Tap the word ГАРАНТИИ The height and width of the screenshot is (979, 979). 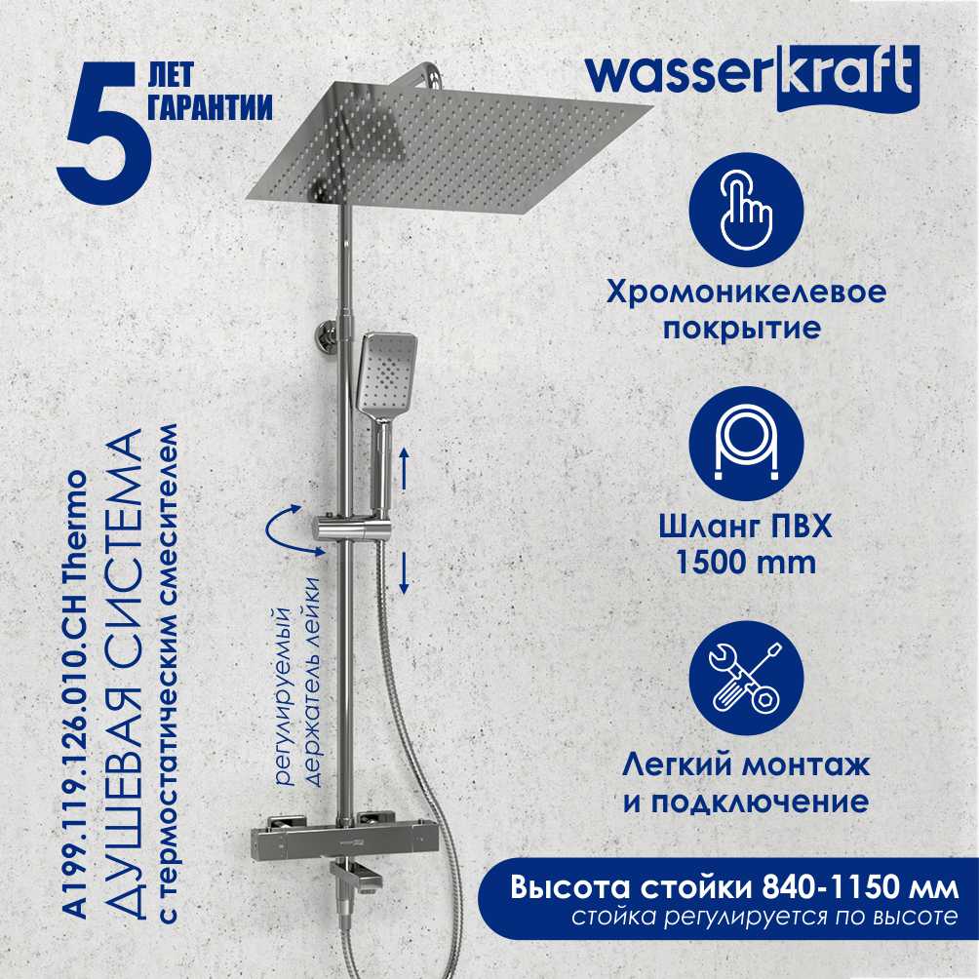tap(210, 107)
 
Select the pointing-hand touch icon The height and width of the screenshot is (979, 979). tap(746, 210)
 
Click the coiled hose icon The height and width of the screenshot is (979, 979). tap(746, 444)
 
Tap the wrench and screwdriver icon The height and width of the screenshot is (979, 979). tap(746, 678)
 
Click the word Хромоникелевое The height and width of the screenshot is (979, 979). tap(746, 293)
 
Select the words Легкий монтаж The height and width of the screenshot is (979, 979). tap(746, 764)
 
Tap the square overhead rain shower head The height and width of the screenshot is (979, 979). tap(450, 145)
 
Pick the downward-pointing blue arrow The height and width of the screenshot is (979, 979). tap(404, 572)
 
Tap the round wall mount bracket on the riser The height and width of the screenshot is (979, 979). tap(327, 337)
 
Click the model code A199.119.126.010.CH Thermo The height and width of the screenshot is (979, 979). tap(77, 693)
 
